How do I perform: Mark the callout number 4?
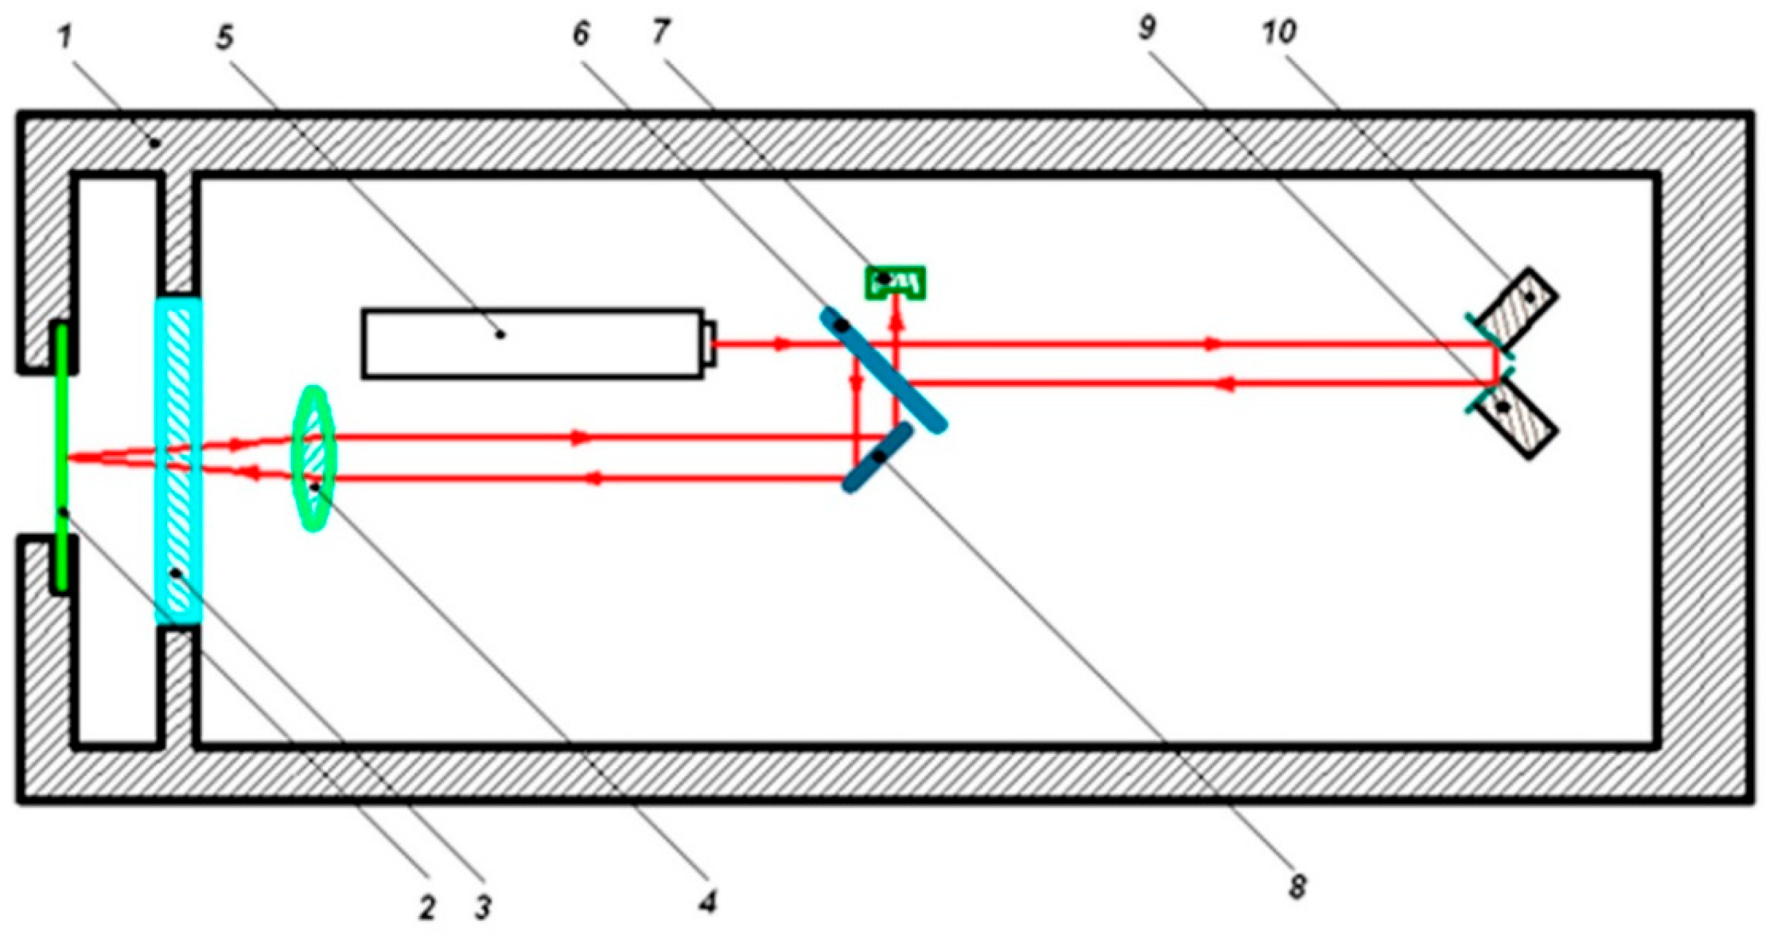708,902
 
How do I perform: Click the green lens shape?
313,458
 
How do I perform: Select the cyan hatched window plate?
179,460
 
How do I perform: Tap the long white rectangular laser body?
533,343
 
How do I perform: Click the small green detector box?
894,282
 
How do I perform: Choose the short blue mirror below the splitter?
877,457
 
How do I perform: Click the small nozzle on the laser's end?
710,343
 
